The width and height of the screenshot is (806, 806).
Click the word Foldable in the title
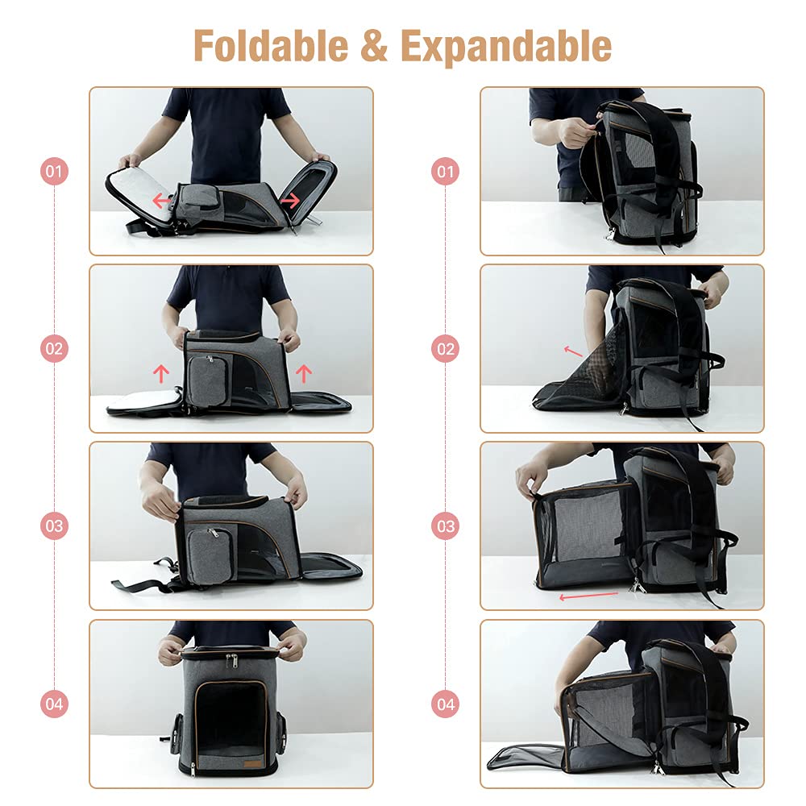[x=271, y=46]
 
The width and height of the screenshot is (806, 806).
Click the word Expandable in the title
[x=505, y=46]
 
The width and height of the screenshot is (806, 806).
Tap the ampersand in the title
[x=373, y=46]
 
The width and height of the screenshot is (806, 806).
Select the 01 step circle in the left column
[x=54, y=172]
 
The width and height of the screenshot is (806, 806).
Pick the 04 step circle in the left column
[x=54, y=704]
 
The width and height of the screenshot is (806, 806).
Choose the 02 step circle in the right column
[x=445, y=349]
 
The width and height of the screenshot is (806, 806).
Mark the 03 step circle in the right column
[x=445, y=526]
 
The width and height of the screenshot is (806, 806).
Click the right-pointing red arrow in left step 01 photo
[x=291, y=198]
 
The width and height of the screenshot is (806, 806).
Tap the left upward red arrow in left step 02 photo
[x=161, y=372]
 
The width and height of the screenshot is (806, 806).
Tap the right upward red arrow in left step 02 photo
[x=303, y=372]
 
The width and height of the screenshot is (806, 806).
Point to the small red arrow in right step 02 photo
[x=572, y=351]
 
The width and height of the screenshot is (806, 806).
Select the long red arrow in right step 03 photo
[x=588, y=596]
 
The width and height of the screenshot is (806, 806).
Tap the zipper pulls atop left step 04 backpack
[x=231, y=661]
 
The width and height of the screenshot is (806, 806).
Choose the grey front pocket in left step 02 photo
[x=206, y=378]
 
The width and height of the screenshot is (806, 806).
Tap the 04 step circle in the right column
[x=445, y=704]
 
